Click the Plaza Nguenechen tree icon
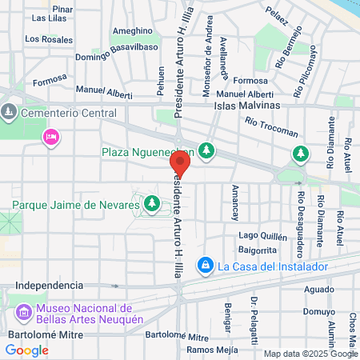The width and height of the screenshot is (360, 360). point(207,150)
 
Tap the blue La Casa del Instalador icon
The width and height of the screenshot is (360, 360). point(206,264)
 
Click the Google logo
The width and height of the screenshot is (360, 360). point(27,350)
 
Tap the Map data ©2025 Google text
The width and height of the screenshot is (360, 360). point(311,354)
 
